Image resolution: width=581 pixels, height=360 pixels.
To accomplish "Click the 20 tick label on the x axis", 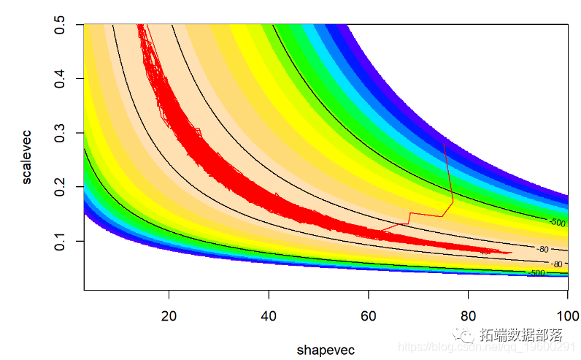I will (169, 316).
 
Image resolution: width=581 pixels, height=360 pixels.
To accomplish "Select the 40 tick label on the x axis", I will (269, 316).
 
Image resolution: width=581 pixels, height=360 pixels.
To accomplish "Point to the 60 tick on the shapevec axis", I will (369, 316).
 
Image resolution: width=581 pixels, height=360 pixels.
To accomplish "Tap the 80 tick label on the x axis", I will (468, 316).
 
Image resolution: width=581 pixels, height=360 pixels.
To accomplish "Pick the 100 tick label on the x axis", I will (567, 316).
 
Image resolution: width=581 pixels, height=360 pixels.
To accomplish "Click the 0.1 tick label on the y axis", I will (64, 241).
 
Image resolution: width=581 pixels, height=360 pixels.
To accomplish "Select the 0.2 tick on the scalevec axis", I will (64, 187).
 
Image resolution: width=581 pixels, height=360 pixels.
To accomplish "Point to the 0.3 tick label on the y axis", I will (64, 133).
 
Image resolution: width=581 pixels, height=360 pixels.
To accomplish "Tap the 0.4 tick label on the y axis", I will (64, 78).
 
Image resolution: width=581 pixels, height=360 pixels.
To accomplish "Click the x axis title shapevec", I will (326, 350).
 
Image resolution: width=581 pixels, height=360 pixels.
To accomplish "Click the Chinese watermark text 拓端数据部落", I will (521, 336).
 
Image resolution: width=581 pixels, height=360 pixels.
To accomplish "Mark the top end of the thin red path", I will (445, 144).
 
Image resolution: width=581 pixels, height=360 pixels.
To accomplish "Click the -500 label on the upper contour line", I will (557, 221).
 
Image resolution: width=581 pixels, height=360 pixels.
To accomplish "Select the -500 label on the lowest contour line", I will (536, 272).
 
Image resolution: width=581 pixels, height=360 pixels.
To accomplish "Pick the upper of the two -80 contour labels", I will (542, 250).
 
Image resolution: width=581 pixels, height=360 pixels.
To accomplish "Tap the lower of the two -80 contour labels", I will (556, 264).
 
